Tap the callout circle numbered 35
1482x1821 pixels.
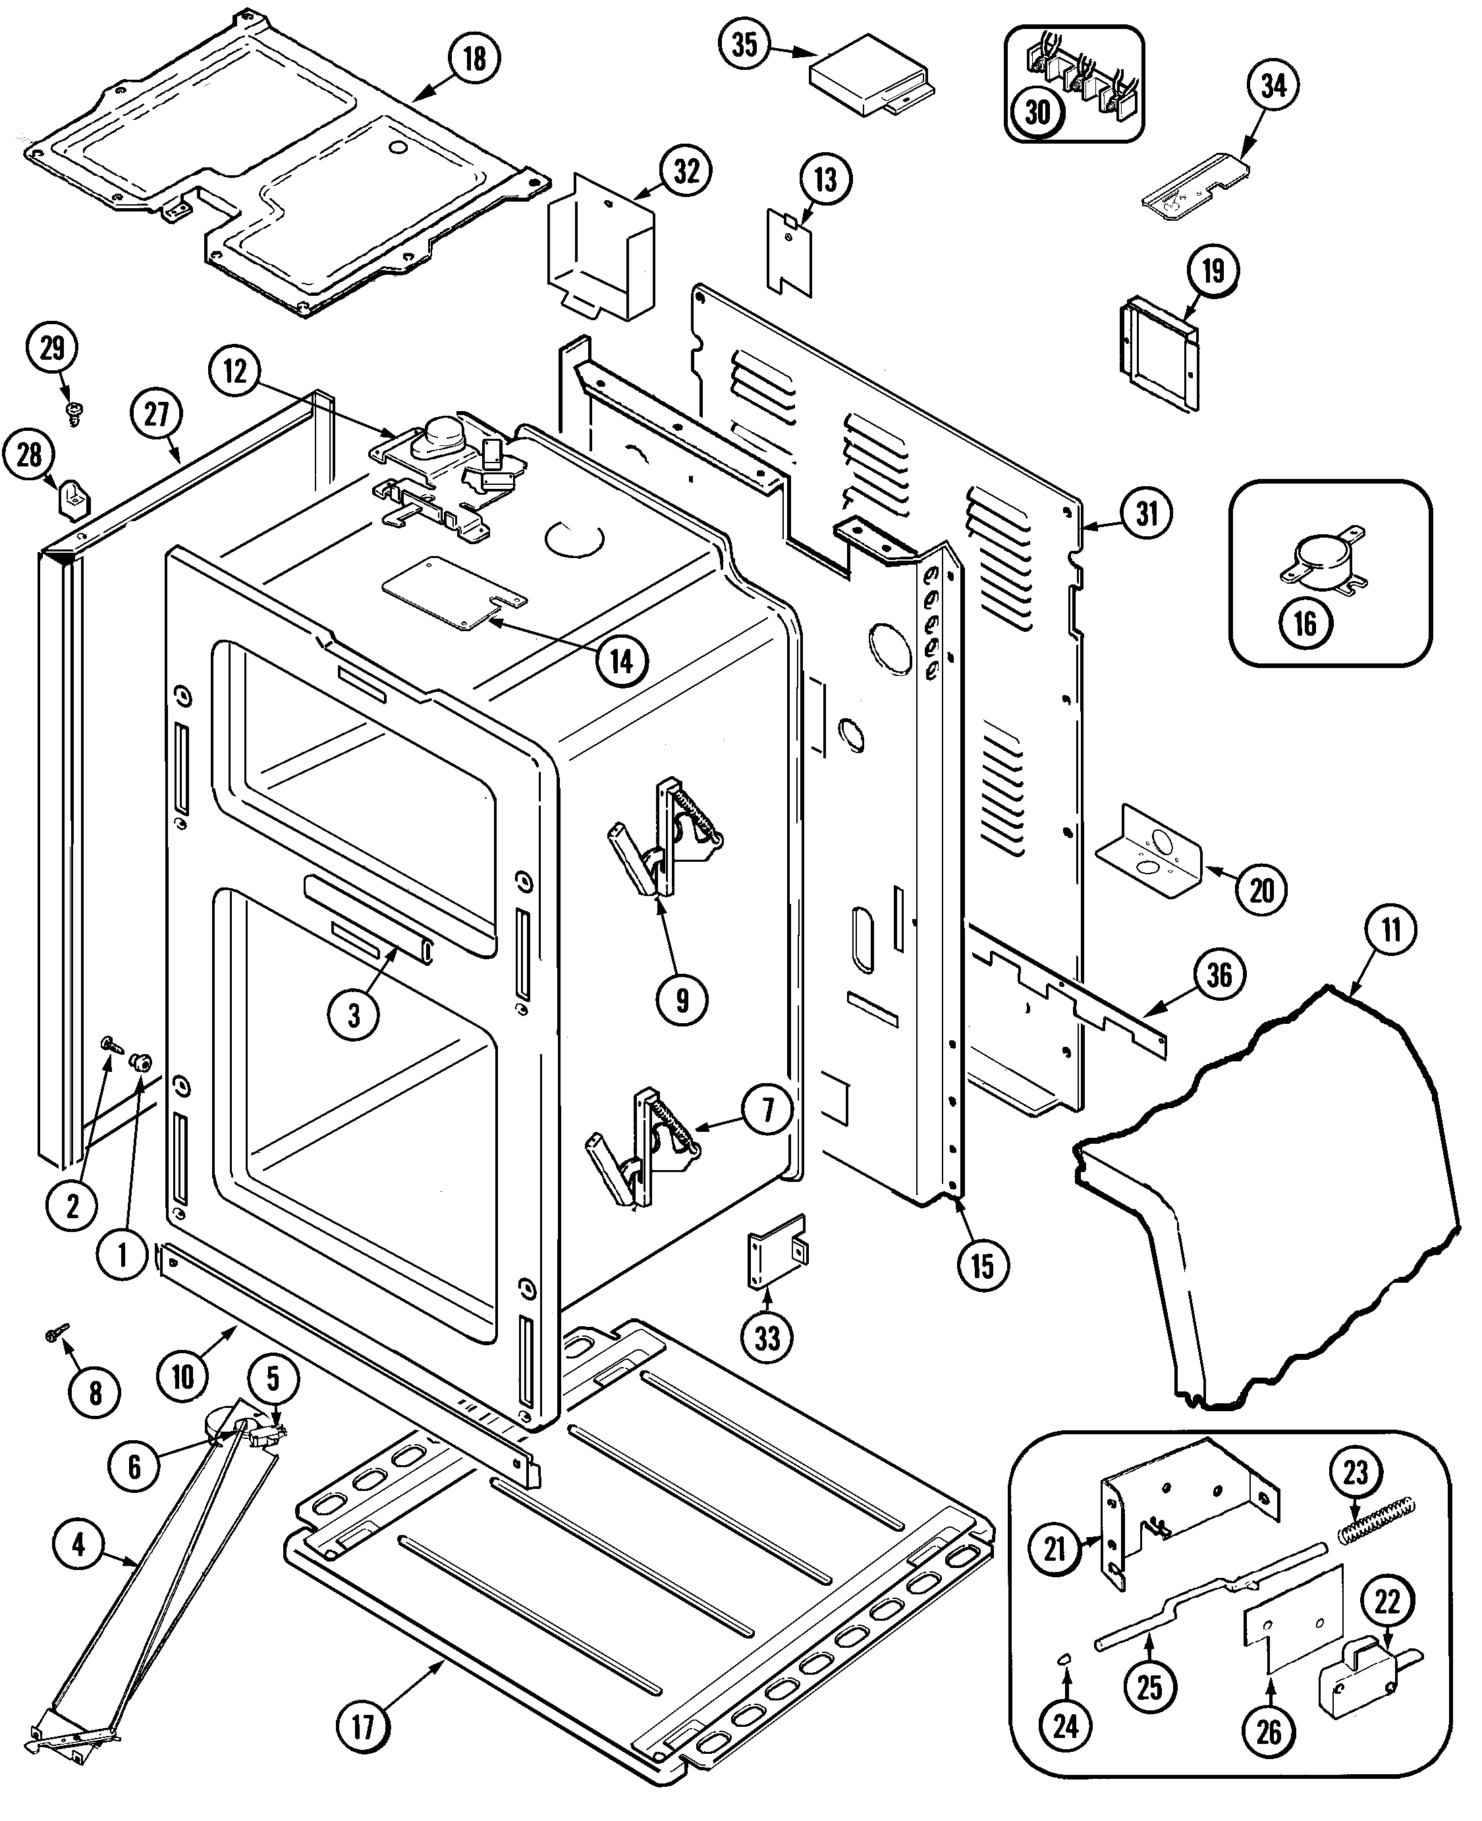[x=745, y=43]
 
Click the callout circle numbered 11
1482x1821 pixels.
[x=1390, y=929]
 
